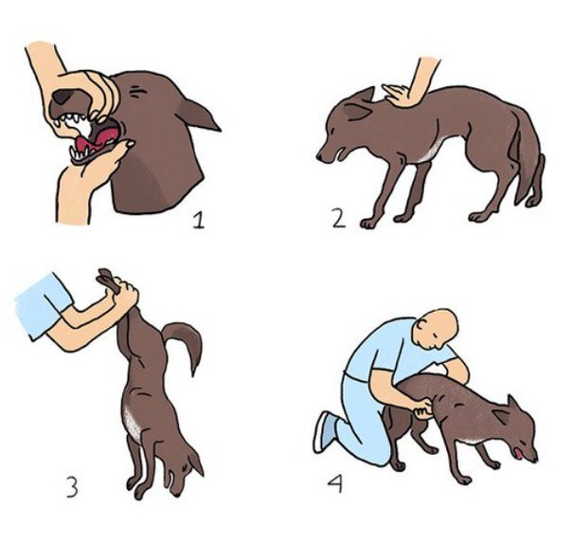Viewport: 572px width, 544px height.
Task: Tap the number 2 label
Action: coord(338,219)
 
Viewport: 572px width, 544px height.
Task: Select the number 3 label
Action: coord(72,487)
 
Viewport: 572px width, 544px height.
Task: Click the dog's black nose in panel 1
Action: coord(64,96)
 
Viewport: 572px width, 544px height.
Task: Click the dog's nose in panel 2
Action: coord(319,157)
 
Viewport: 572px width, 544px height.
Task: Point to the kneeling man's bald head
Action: coord(440,326)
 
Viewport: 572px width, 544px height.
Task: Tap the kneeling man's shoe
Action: coord(325,432)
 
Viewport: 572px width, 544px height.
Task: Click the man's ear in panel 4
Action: coord(422,324)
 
